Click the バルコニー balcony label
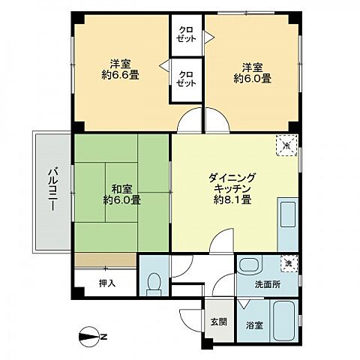52,193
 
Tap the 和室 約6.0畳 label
121,194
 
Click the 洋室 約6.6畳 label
121,68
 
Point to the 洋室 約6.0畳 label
251,71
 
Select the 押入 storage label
106,283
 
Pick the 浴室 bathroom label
254,325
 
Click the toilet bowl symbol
154,283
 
